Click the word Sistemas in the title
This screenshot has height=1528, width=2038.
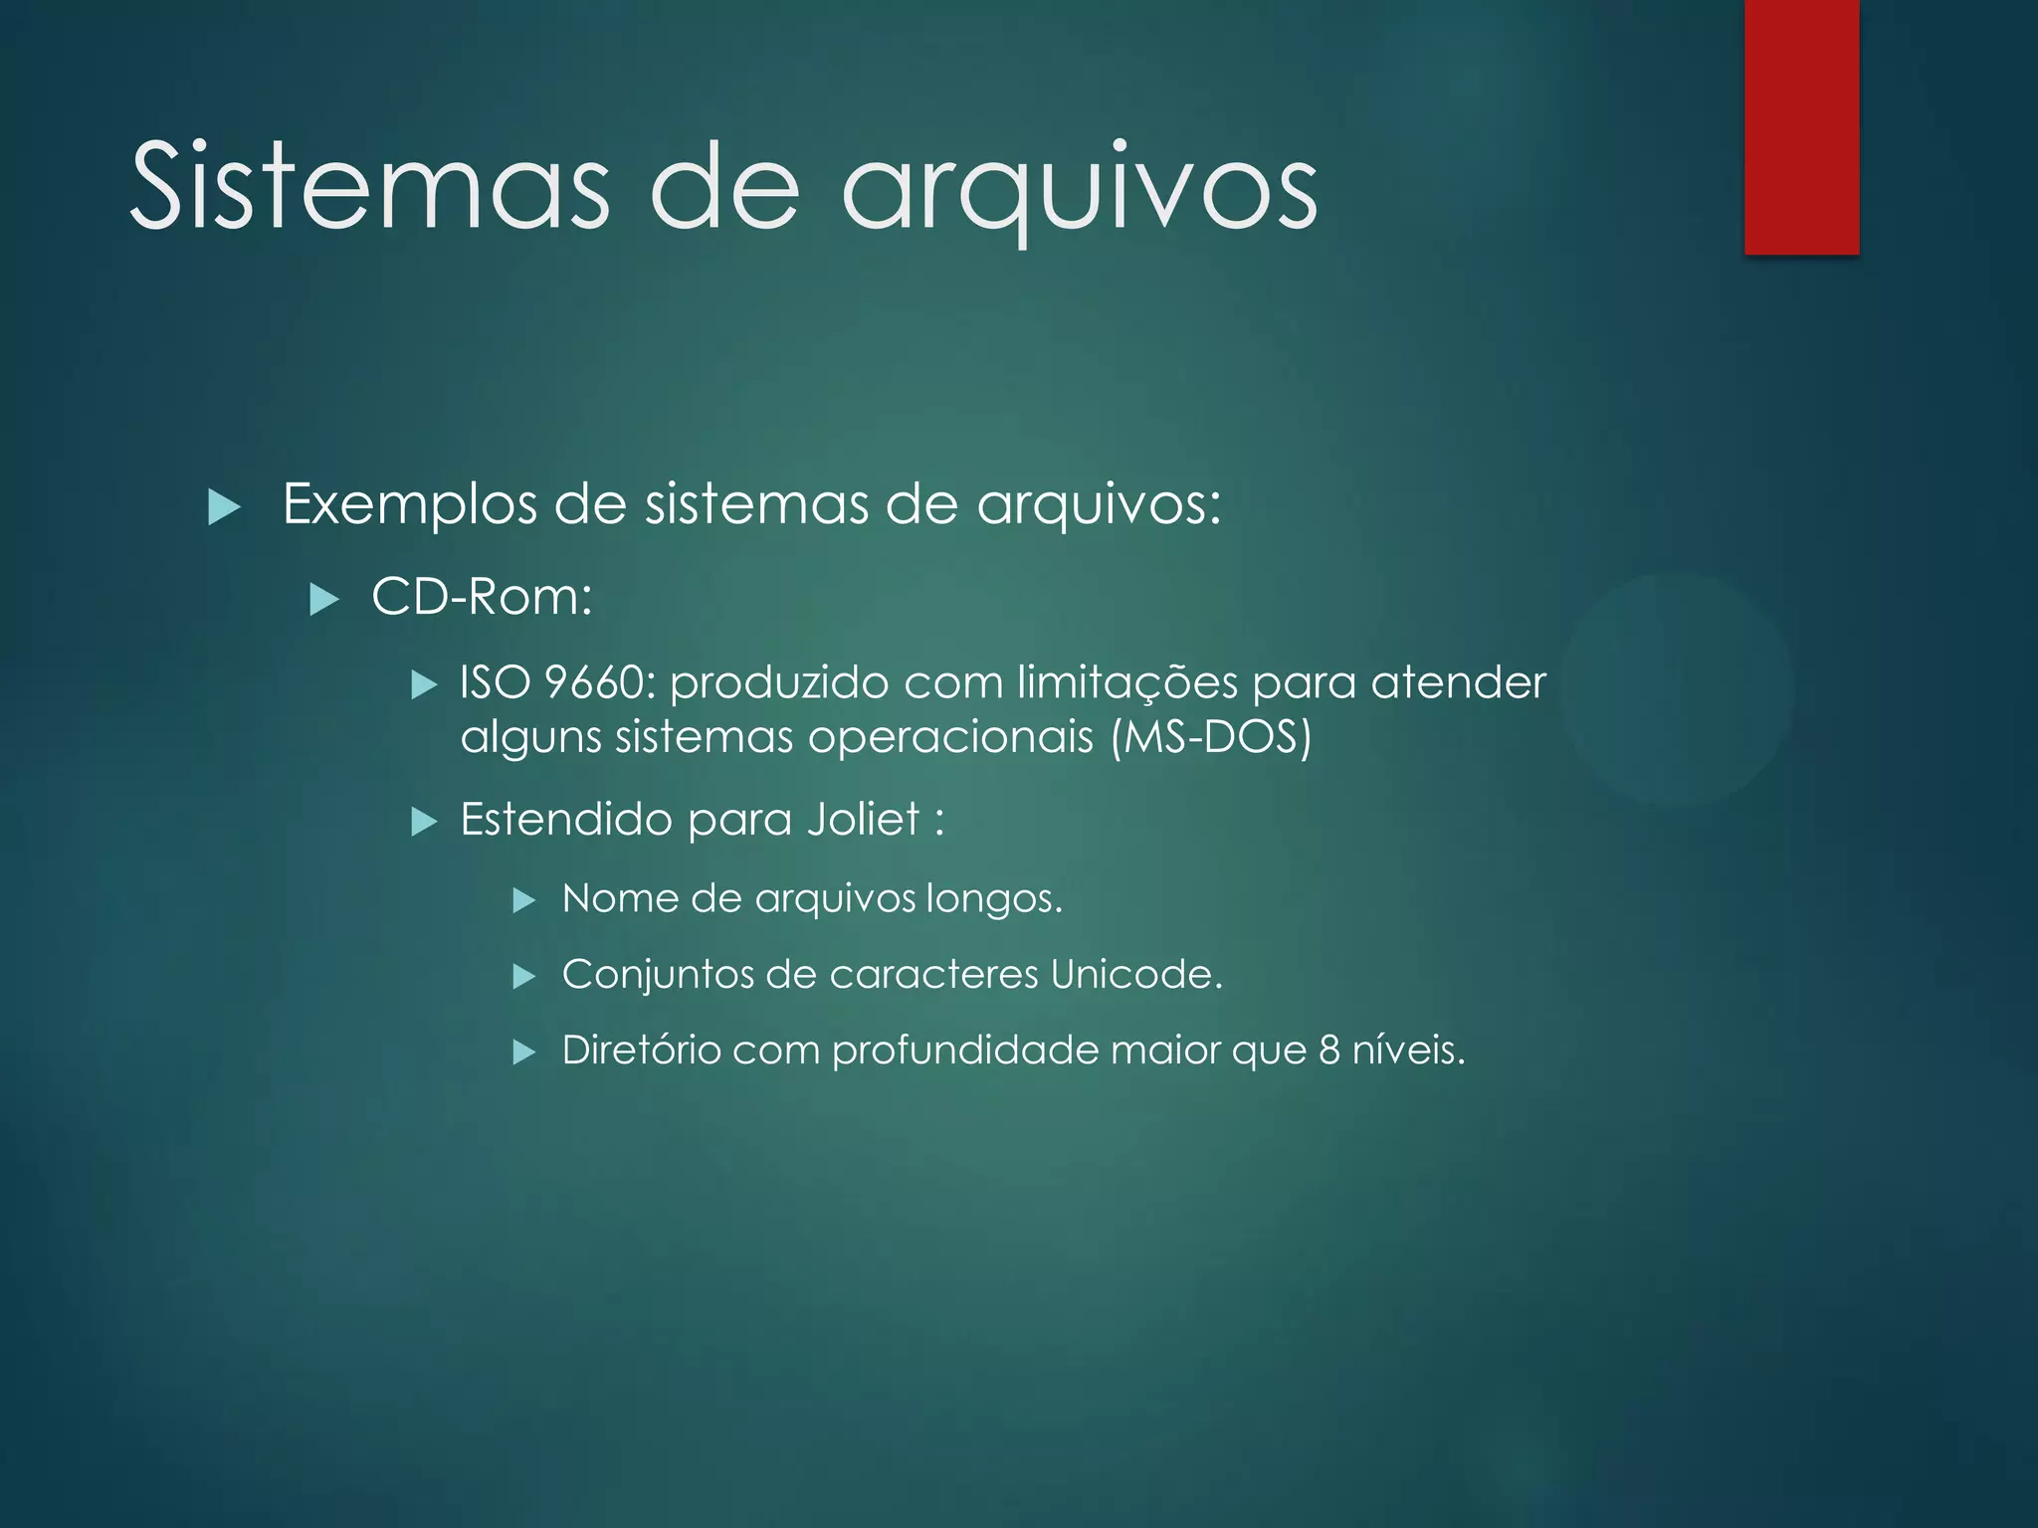point(369,186)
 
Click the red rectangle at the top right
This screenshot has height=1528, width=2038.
point(1801,126)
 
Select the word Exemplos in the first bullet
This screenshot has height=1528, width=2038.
point(412,504)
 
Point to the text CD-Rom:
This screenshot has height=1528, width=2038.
point(482,597)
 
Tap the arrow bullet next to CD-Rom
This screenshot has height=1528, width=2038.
point(324,600)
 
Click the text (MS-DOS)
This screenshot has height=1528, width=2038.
point(1211,737)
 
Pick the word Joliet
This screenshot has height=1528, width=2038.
point(864,820)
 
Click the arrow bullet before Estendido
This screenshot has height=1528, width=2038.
point(425,822)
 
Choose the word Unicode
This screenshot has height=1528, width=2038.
point(1135,974)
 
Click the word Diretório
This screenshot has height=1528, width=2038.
point(641,1050)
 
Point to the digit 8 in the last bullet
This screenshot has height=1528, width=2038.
point(1329,1050)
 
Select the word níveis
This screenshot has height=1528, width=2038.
point(1408,1050)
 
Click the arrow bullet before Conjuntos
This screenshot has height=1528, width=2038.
point(524,977)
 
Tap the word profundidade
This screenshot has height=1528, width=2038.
point(965,1050)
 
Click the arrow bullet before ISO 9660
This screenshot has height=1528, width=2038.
point(425,684)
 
